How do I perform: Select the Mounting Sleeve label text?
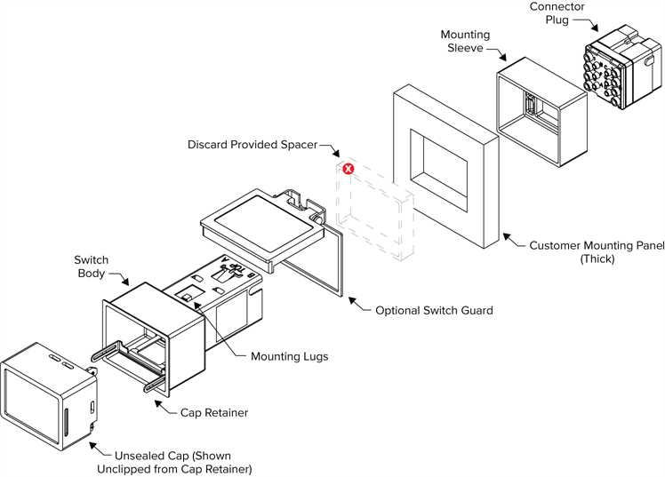tap(465, 41)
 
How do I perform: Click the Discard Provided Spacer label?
tap(252, 144)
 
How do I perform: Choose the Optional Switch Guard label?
tap(433, 311)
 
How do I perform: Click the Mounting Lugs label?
tap(289, 356)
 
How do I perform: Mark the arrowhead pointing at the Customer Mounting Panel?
tap(503, 236)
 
